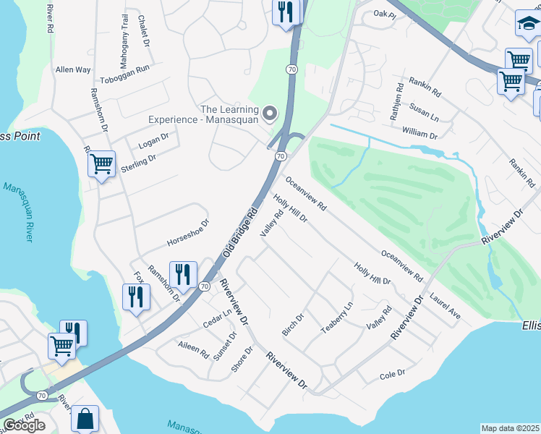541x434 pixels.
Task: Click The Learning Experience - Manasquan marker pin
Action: click(x=270, y=112)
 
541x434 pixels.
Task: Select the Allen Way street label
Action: click(x=73, y=70)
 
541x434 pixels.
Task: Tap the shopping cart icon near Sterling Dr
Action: click(x=101, y=164)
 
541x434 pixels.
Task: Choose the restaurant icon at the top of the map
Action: click(x=286, y=12)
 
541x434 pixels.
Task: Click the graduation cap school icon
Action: click(x=528, y=26)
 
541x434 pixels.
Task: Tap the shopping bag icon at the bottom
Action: click(x=85, y=418)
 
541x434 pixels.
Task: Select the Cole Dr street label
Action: click(x=392, y=375)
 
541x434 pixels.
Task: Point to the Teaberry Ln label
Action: click(x=336, y=316)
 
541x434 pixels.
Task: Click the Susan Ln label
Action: click(x=425, y=116)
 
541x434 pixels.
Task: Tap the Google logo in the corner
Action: click(x=23, y=425)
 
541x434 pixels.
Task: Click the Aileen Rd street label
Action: click(x=194, y=351)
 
